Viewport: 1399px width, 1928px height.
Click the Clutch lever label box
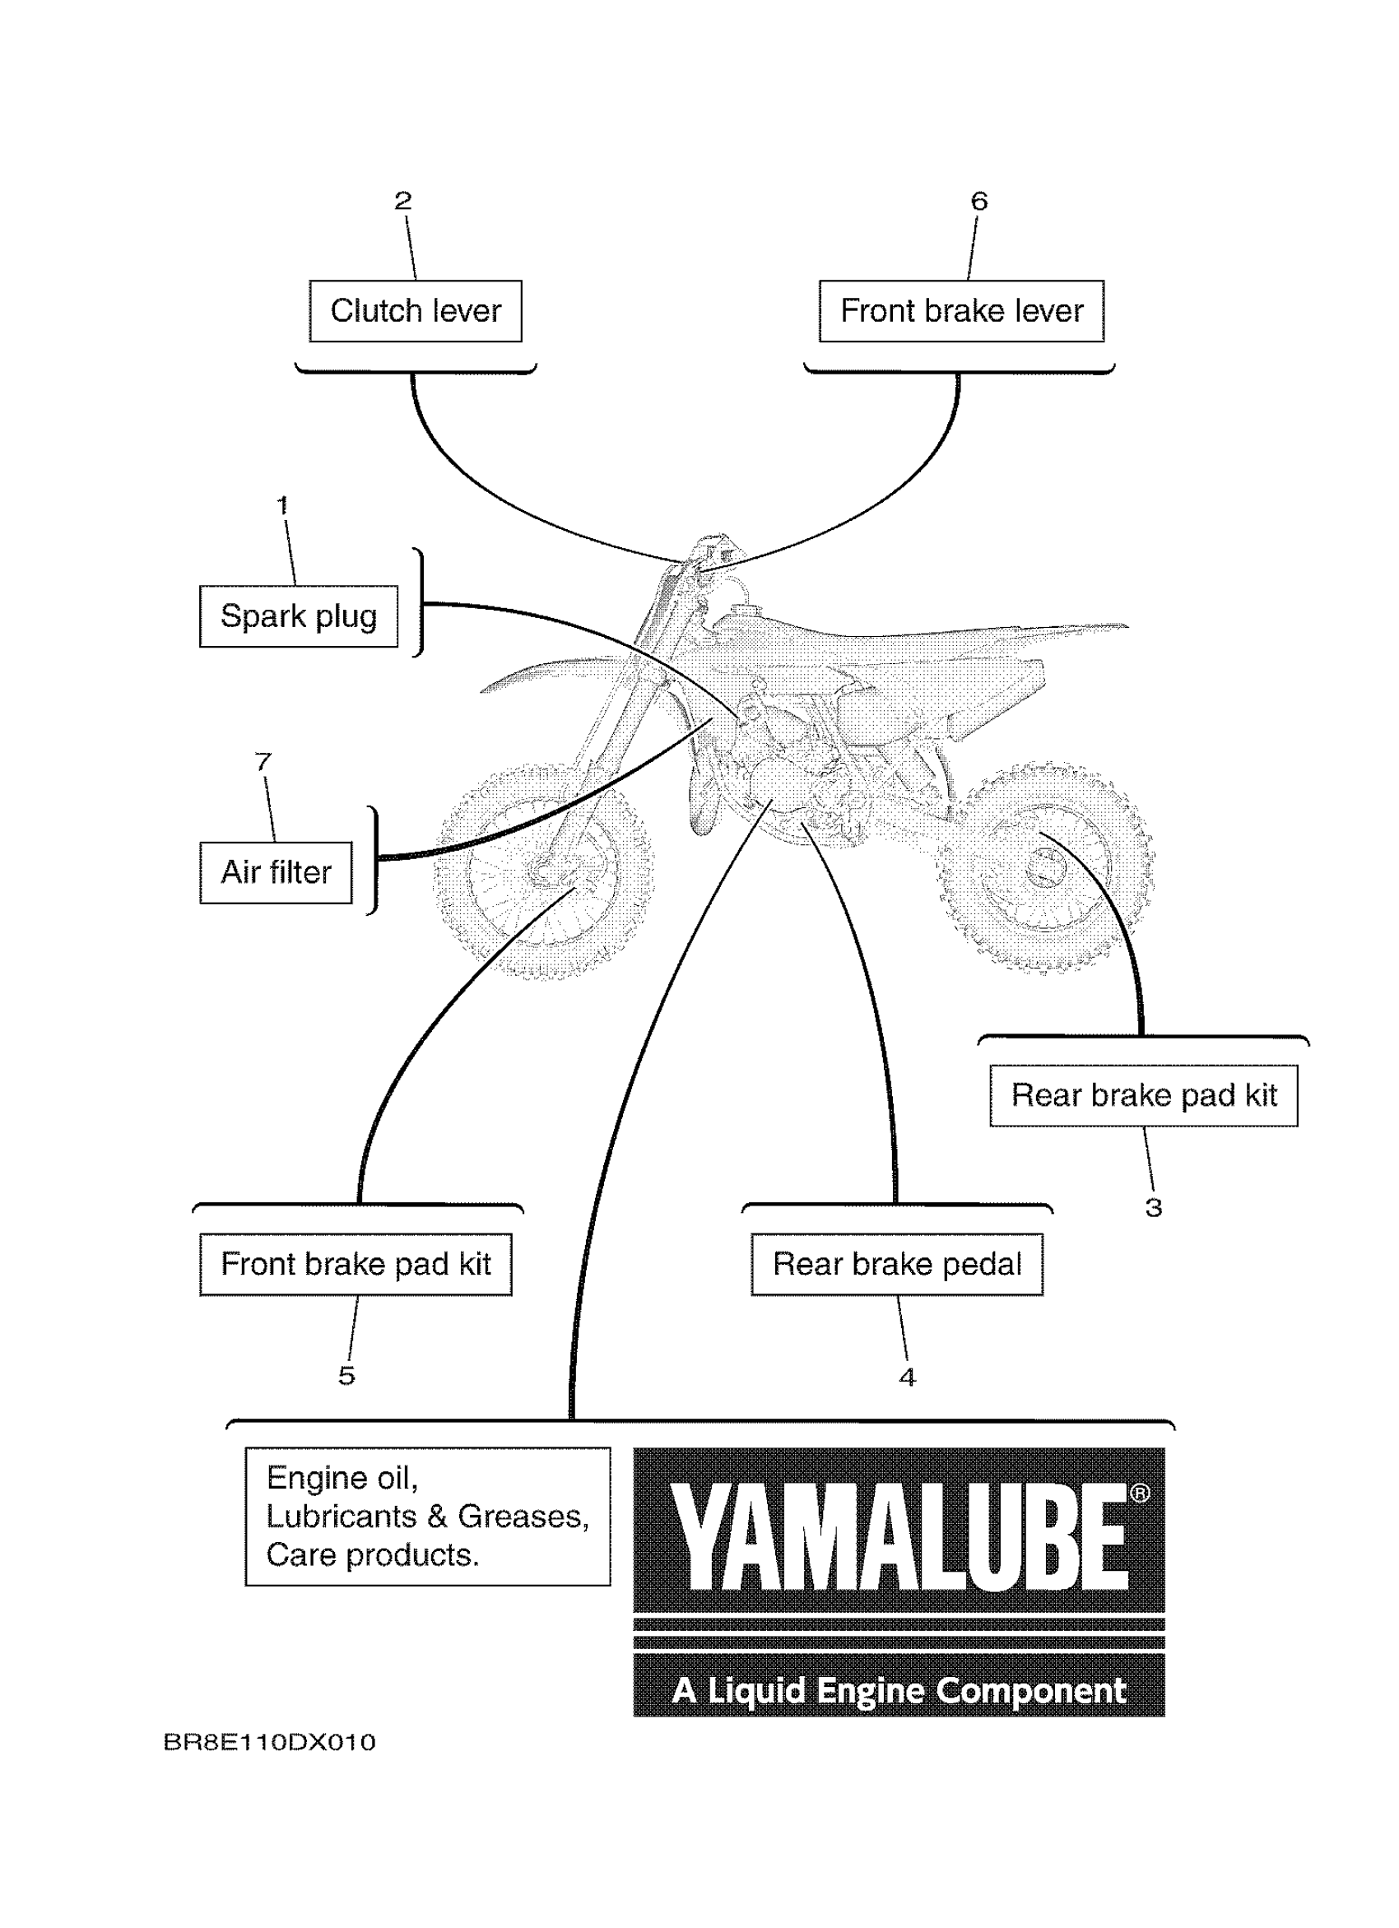click(415, 311)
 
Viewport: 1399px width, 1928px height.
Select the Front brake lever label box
click(960, 311)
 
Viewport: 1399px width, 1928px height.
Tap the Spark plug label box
click(299, 616)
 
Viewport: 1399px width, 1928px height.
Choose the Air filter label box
click(276, 872)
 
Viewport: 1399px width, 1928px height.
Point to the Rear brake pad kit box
click(1143, 1095)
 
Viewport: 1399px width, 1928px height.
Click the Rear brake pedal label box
click(897, 1264)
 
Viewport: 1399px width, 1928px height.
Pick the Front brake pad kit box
click(356, 1264)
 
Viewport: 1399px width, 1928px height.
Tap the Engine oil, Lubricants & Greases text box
click(428, 1516)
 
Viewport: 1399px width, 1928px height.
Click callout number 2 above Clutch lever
click(403, 201)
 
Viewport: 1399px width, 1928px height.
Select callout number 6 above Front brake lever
click(979, 202)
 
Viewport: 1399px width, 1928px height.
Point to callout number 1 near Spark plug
click(283, 505)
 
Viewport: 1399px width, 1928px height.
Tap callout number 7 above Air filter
click(263, 761)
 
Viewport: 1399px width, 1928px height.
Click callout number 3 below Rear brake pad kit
click(1154, 1207)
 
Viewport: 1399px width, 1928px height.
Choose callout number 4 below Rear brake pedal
click(908, 1377)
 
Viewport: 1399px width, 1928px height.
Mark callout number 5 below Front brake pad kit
click(346, 1376)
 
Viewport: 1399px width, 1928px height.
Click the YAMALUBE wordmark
click(899, 1539)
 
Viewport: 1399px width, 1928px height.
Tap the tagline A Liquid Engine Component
click(899, 1691)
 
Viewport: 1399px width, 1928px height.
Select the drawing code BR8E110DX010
click(269, 1743)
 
